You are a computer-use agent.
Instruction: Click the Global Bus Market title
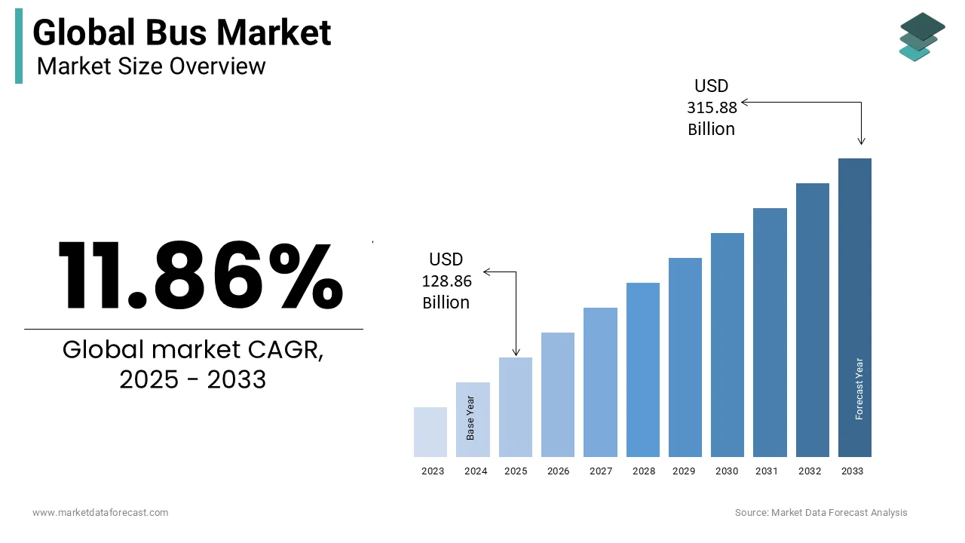tap(182, 33)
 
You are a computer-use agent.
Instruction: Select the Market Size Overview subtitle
tap(151, 66)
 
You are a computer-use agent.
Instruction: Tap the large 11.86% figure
tap(200, 275)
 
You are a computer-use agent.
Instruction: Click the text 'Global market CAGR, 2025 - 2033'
tap(193, 365)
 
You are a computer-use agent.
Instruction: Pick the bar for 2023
tap(430, 432)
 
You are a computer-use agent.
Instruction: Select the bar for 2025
tap(516, 407)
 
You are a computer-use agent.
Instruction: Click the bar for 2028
tap(642, 370)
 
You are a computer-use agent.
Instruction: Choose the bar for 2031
tap(770, 332)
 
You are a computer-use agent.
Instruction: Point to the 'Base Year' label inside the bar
tap(470, 418)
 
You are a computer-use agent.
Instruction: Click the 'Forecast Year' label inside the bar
tap(859, 388)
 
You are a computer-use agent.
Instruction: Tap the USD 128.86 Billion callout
tap(446, 281)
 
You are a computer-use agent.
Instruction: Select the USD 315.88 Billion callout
tap(712, 108)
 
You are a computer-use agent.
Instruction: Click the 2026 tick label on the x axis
tap(558, 471)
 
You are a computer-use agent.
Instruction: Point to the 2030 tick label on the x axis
tap(727, 471)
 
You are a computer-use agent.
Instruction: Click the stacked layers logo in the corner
tap(921, 36)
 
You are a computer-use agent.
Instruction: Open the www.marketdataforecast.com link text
tap(100, 513)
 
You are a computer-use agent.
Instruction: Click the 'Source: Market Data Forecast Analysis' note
tap(821, 513)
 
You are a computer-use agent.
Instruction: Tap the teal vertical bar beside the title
tap(19, 46)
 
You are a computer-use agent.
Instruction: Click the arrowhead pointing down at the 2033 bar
tap(862, 141)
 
